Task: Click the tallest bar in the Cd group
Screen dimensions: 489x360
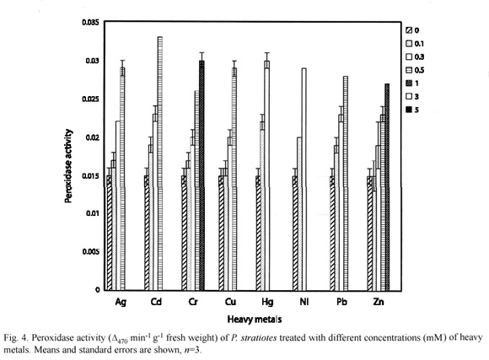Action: pyautogui.click(x=160, y=164)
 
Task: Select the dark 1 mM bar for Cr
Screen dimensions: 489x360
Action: pyautogui.click(x=202, y=175)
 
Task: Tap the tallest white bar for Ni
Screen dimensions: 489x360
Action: pyautogui.click(x=304, y=179)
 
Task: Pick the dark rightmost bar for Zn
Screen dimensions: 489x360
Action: pyautogui.click(x=387, y=187)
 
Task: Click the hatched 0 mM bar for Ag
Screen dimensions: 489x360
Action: pyautogui.click(x=109, y=233)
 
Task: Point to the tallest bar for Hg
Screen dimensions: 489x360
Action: pyautogui.click(x=266, y=175)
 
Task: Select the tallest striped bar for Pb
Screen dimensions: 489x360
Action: pyautogui.click(x=346, y=183)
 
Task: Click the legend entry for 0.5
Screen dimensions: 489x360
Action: pyautogui.click(x=415, y=70)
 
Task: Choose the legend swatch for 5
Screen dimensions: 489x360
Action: pyautogui.click(x=409, y=110)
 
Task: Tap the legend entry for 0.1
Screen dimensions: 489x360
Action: pyautogui.click(x=415, y=44)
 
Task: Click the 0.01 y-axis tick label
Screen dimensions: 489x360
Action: pyautogui.click(x=92, y=213)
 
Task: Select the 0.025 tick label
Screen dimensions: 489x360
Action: pyautogui.click(x=90, y=99)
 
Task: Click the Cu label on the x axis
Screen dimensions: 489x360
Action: pyautogui.click(x=230, y=302)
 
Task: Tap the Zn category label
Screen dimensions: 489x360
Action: pyautogui.click(x=379, y=302)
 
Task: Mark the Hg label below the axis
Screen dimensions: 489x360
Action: pyautogui.click(x=267, y=302)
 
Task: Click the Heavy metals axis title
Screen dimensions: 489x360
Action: pyautogui.click(x=255, y=320)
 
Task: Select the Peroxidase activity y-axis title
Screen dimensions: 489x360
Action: pyautogui.click(x=68, y=166)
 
